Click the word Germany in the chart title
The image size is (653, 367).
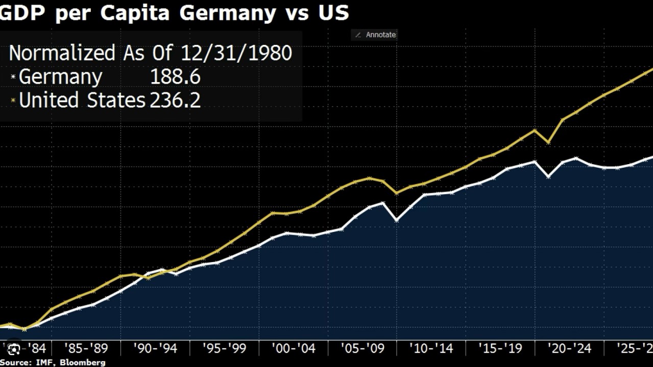[227, 12]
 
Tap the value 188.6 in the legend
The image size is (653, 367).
[175, 77]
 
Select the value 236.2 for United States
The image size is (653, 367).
[175, 100]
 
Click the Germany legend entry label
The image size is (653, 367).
[60, 77]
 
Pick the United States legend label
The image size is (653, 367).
[82, 100]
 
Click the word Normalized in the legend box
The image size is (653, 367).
[62, 53]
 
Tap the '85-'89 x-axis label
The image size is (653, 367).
[86, 349]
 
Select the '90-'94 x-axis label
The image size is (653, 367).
[155, 349]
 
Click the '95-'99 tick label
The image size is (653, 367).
[224, 349]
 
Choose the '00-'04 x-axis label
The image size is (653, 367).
[294, 349]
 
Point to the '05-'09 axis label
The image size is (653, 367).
[362, 349]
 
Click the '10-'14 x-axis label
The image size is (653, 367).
[431, 349]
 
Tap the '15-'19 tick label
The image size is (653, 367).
[500, 349]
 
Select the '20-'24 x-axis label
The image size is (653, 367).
[569, 349]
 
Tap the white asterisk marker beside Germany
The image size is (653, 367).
[13, 77]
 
